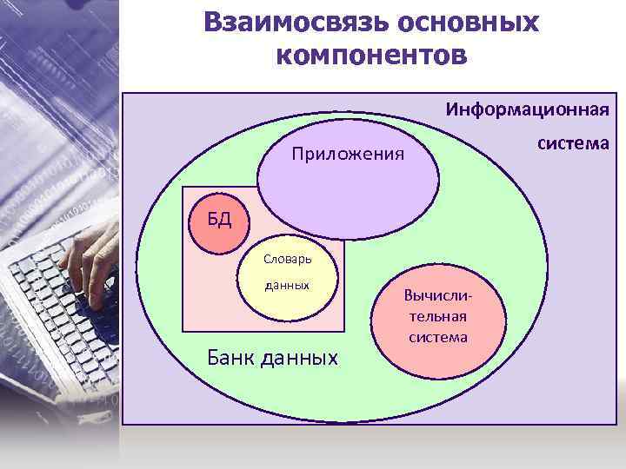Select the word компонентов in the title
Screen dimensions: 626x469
371,55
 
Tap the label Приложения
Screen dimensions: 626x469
349,155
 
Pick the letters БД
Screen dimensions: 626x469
219,217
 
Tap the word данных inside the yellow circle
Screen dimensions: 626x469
288,285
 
